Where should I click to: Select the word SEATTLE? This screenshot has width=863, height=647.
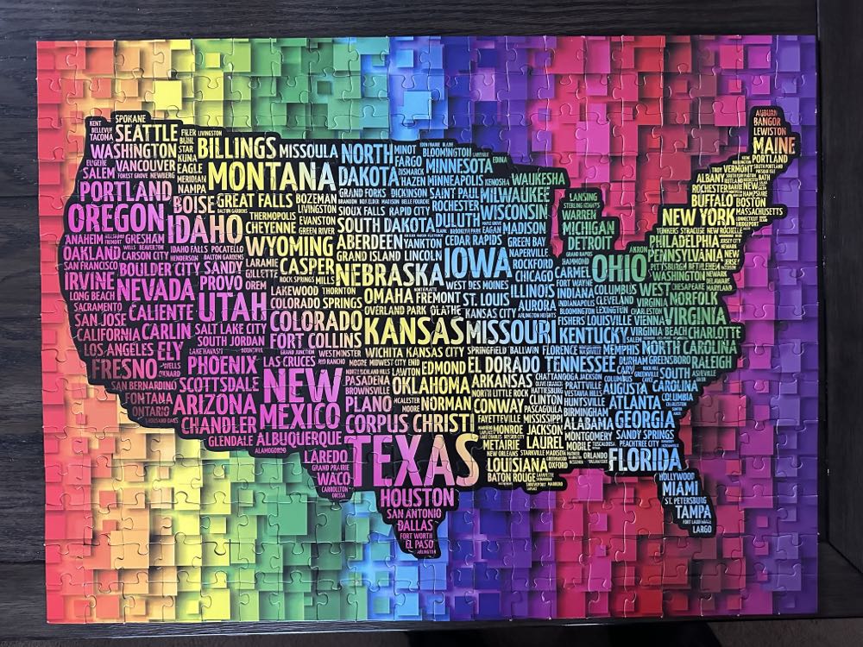pos(147,134)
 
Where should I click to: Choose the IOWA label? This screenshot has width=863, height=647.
pos(477,258)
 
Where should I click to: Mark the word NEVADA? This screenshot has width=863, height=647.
pos(154,288)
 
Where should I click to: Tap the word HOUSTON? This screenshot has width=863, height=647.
pos(416,497)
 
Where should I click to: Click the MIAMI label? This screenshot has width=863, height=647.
pos(680,488)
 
